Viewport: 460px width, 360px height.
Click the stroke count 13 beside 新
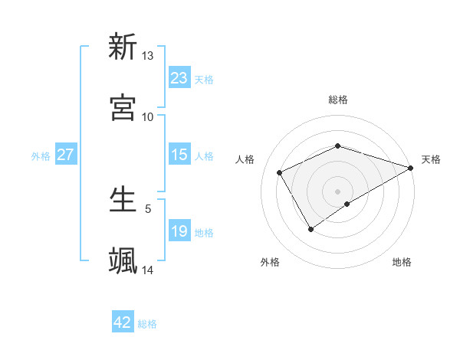148,56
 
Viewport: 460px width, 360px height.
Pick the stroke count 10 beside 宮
148,116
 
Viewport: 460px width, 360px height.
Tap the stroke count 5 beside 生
148,208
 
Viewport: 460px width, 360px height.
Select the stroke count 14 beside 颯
148,270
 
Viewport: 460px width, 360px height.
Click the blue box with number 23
179,78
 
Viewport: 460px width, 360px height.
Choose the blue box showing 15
179,155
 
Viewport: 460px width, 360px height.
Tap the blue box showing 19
179,231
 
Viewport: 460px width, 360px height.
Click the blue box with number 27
65,155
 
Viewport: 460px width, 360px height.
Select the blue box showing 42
123,322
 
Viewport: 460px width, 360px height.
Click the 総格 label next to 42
147,324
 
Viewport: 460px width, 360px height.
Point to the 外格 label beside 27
41,156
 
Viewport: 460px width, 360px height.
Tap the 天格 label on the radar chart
431,159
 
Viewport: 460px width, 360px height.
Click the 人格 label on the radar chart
245,159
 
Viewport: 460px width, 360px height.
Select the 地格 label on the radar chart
402,263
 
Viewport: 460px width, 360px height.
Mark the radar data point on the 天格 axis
412,167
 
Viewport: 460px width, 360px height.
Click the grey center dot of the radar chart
337,191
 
